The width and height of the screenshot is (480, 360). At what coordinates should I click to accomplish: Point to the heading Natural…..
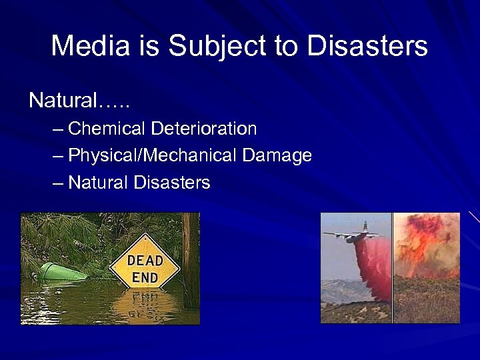(79, 101)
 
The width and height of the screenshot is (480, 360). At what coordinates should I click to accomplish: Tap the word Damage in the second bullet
(277, 156)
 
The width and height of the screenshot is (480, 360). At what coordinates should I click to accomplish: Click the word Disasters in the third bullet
(172, 182)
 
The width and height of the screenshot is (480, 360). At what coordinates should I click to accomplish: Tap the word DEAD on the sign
(144, 261)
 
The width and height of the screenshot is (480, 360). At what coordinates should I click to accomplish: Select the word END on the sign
(144, 276)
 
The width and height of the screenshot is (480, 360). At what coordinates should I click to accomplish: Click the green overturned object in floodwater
(60, 272)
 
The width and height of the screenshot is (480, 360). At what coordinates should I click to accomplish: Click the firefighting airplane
(353, 235)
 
